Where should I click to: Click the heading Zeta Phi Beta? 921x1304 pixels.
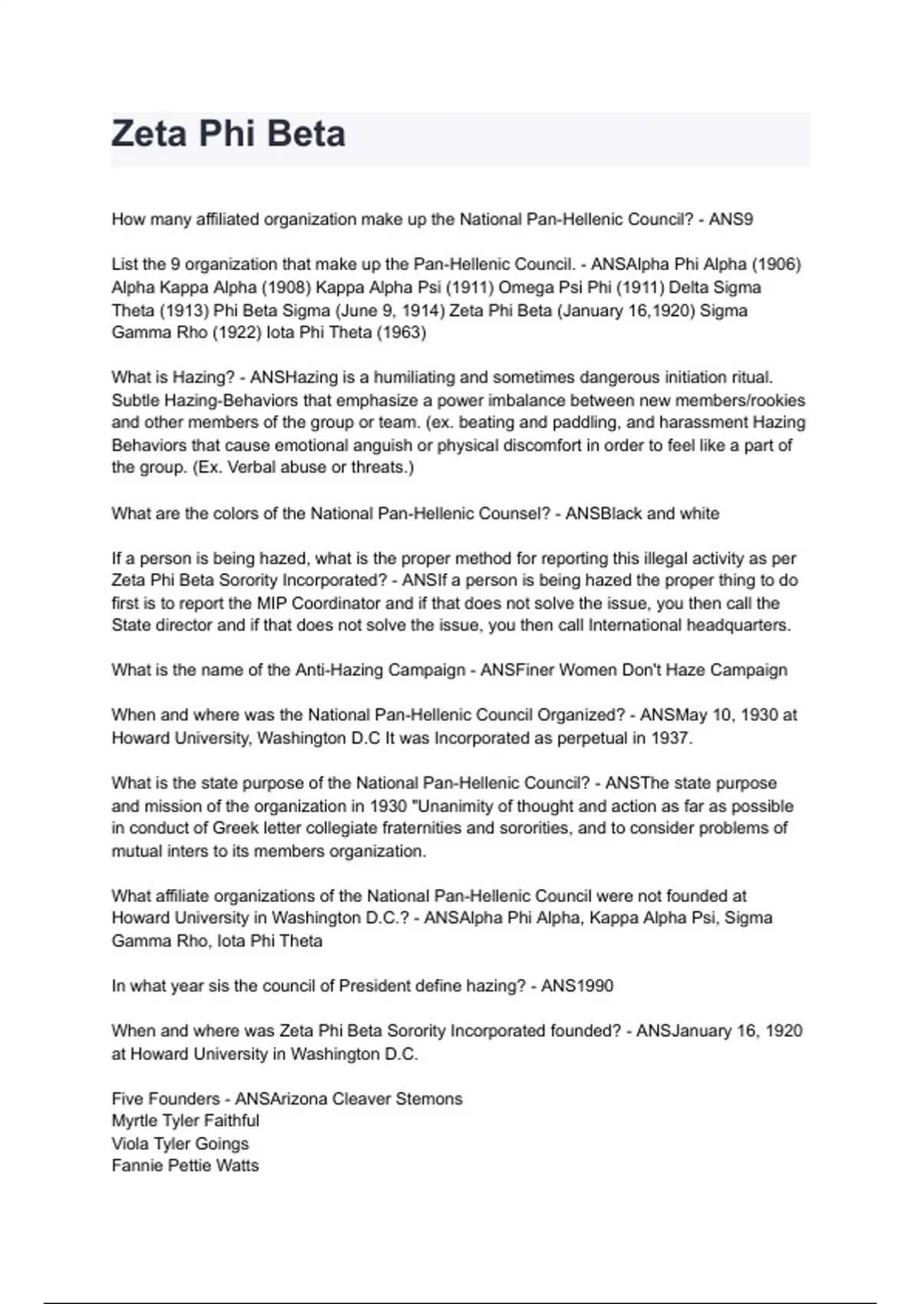click(229, 134)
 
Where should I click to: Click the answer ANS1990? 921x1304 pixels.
click(577, 986)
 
